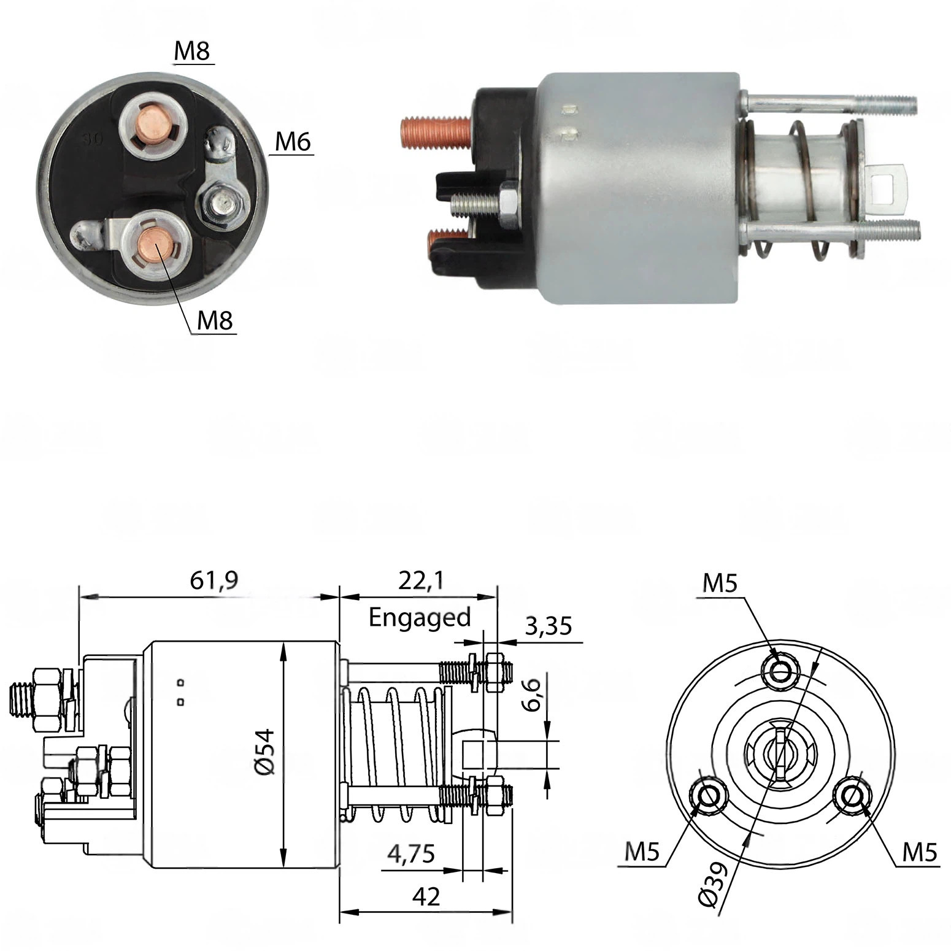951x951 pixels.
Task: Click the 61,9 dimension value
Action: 214,580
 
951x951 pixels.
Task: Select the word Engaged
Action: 420,617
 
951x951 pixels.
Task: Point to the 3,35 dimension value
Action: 549,626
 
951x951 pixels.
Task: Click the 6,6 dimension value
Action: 532,695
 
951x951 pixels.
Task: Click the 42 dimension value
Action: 426,897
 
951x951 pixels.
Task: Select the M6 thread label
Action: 293,142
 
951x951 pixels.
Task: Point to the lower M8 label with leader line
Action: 215,320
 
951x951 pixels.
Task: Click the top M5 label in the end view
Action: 720,583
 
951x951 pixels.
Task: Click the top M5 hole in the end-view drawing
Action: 781,671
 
